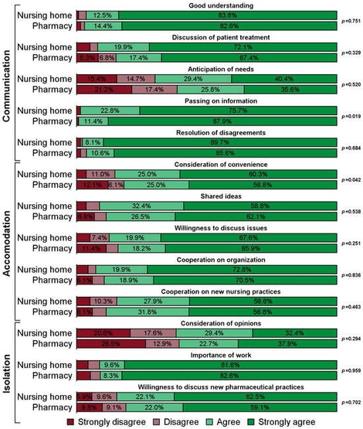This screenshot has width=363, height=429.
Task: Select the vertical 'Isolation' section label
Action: tap(8, 359)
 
